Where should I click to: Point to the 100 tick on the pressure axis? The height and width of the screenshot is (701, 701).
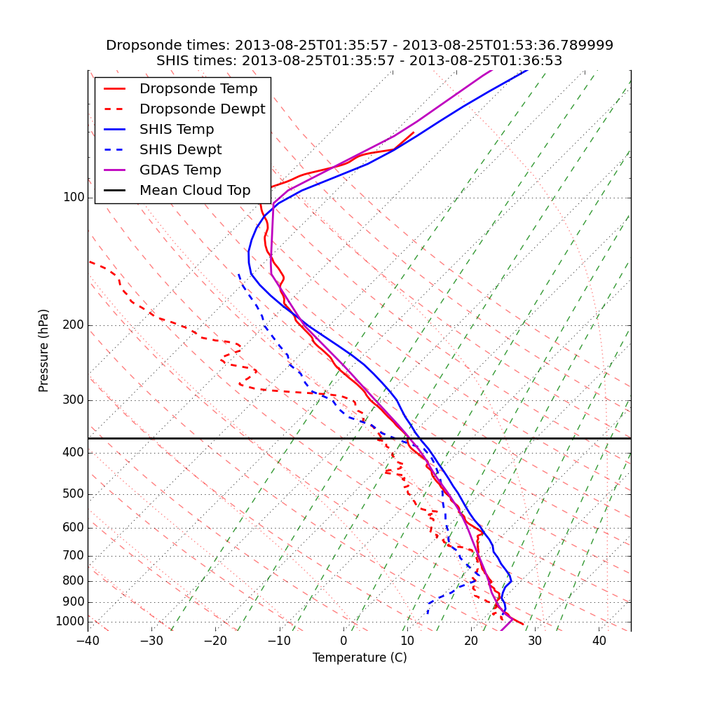click(x=74, y=198)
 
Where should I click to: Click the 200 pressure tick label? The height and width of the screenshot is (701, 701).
click(x=74, y=325)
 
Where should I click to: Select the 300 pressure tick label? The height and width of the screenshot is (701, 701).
click(x=74, y=400)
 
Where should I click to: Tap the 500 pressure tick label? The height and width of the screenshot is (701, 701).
click(x=74, y=494)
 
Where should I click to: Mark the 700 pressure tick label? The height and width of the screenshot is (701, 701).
click(x=74, y=556)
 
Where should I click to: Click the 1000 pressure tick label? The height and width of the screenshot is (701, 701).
click(x=70, y=622)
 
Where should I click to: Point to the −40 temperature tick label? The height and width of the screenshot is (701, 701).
click(x=88, y=641)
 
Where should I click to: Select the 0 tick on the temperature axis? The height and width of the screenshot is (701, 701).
click(x=343, y=641)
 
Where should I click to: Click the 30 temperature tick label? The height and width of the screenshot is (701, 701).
click(x=535, y=641)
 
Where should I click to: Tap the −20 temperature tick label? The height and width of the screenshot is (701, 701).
click(x=215, y=641)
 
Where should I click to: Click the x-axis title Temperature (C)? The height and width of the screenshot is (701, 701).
click(x=360, y=658)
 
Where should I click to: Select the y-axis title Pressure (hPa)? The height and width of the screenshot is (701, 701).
click(x=44, y=350)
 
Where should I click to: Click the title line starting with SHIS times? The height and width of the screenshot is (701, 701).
click(x=360, y=61)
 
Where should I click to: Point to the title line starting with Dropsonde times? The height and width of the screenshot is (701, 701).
click(x=360, y=46)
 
